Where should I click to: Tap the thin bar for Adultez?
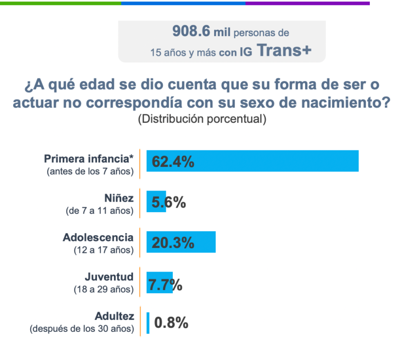click(x=148, y=323)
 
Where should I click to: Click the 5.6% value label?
click(x=169, y=202)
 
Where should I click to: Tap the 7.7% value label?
click(x=165, y=285)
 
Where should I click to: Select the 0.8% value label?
click(x=171, y=322)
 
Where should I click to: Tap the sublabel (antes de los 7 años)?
click(x=90, y=171)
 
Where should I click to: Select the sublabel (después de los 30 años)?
click(x=82, y=329)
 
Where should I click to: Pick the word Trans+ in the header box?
click(x=284, y=50)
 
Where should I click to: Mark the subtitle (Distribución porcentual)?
click(x=201, y=119)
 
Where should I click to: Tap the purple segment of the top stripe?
click(x=307, y=3)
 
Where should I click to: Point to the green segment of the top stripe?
click(x=60, y=3)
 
